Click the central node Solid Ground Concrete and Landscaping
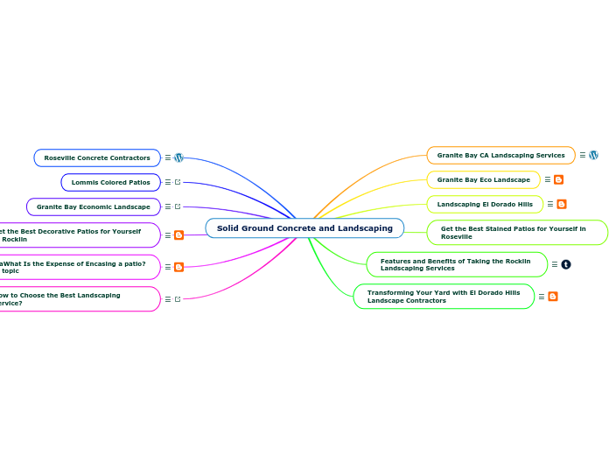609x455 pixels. coord(304,228)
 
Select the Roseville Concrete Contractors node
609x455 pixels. coord(97,157)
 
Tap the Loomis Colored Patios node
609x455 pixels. coord(110,182)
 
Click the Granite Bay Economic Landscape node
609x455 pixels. coord(94,206)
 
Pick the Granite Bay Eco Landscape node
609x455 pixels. coord(483,179)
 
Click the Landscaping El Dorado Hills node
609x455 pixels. coord(485,204)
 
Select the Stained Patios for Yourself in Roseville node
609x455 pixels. coord(516,233)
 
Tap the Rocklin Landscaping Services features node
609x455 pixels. coord(456,264)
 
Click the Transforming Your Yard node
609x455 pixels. coord(444,296)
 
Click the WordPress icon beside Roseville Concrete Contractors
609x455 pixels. coord(178,157)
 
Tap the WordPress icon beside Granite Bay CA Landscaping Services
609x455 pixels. coord(593,155)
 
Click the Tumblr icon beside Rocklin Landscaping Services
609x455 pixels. coord(565,264)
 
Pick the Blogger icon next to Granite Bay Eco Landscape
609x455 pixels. coord(558,179)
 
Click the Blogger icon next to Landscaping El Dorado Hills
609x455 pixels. coord(562,204)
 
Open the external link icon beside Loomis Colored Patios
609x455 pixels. coord(178,182)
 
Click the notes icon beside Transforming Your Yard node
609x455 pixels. coord(541,297)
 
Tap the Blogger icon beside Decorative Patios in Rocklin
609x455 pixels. coord(178,235)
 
